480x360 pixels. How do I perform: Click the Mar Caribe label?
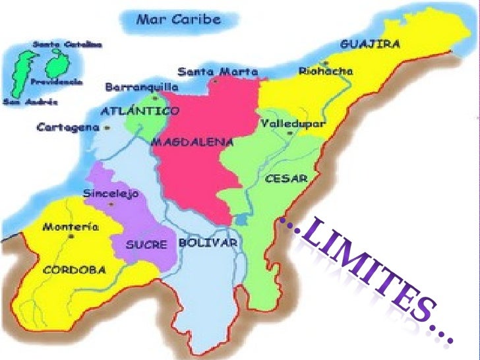[177, 18]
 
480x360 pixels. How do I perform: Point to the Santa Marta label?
[218, 71]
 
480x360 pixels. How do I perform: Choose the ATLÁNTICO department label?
[132, 111]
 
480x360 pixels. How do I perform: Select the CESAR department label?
[285, 178]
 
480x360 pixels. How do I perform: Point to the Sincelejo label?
[111, 194]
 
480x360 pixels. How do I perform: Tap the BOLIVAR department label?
[208, 243]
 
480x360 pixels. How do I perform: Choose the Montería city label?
[71, 227]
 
